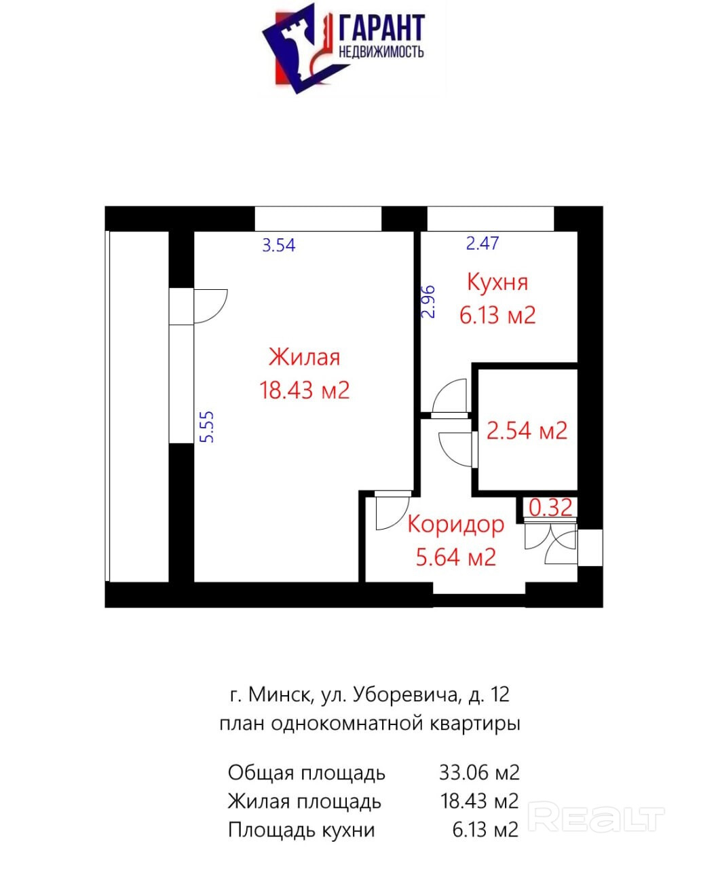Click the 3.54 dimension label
pyautogui.click(x=278, y=245)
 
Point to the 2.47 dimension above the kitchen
pyautogui.click(x=482, y=243)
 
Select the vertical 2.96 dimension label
pyautogui.click(x=429, y=302)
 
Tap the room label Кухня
pyautogui.click(x=497, y=282)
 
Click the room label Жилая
pyautogui.click(x=304, y=357)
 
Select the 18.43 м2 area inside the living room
pyautogui.click(x=304, y=390)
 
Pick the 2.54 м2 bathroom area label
pyautogui.click(x=527, y=430)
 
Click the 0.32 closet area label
pyautogui.click(x=550, y=508)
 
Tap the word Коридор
pyautogui.click(x=456, y=525)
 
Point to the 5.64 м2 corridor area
pyautogui.click(x=456, y=557)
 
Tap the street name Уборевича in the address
pyautogui.click(x=404, y=695)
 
